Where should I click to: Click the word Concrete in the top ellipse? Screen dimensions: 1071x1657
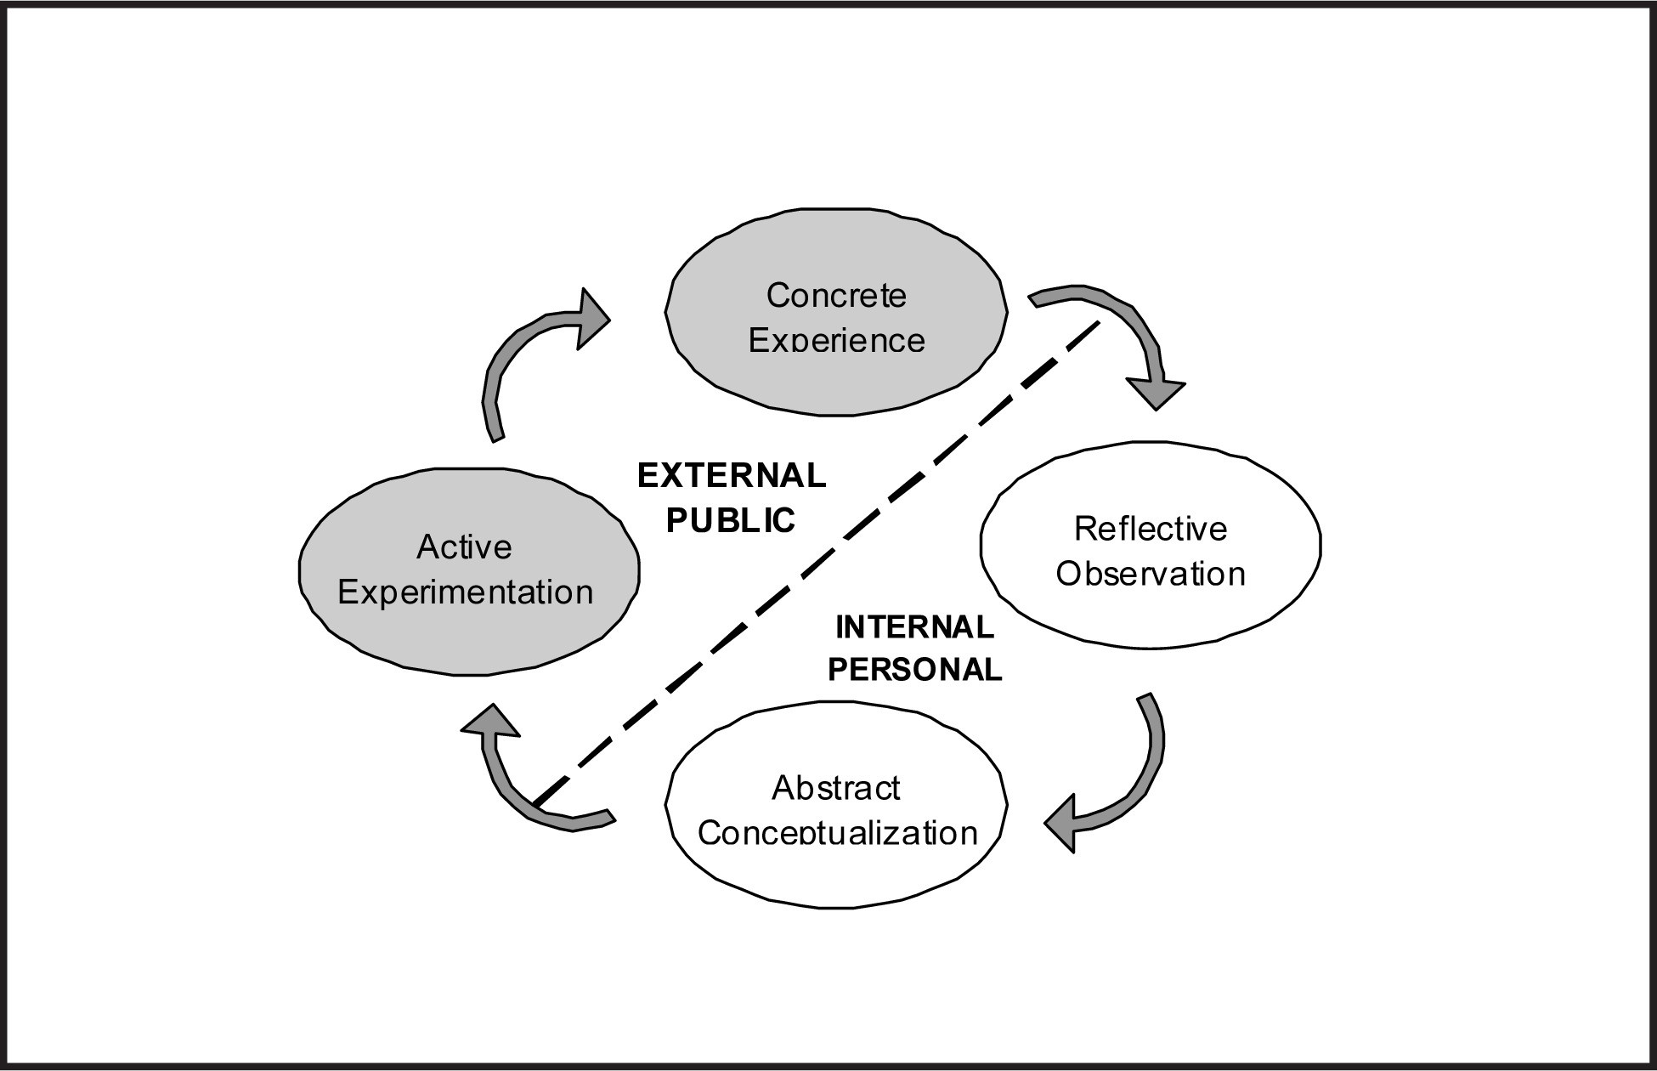[836, 296]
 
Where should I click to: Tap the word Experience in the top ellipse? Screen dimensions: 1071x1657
[836, 340]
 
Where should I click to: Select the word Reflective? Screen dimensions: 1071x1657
[1151, 529]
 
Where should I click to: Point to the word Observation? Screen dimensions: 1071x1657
[1151, 574]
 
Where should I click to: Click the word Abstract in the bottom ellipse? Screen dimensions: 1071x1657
[835, 788]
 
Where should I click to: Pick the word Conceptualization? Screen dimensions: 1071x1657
[837, 832]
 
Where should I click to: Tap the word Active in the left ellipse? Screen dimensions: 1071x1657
[464, 547]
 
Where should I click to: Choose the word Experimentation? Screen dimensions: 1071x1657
[465, 592]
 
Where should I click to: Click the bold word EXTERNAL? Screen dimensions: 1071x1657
[732, 476]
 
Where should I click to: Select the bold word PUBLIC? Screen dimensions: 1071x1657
[731, 520]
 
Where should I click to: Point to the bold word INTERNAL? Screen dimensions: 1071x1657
[914, 627]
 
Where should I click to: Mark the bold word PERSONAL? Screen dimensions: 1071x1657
[915, 670]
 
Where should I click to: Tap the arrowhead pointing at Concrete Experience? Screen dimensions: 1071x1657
[592, 319]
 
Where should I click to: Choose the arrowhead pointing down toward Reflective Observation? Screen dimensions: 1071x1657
[1156, 393]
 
